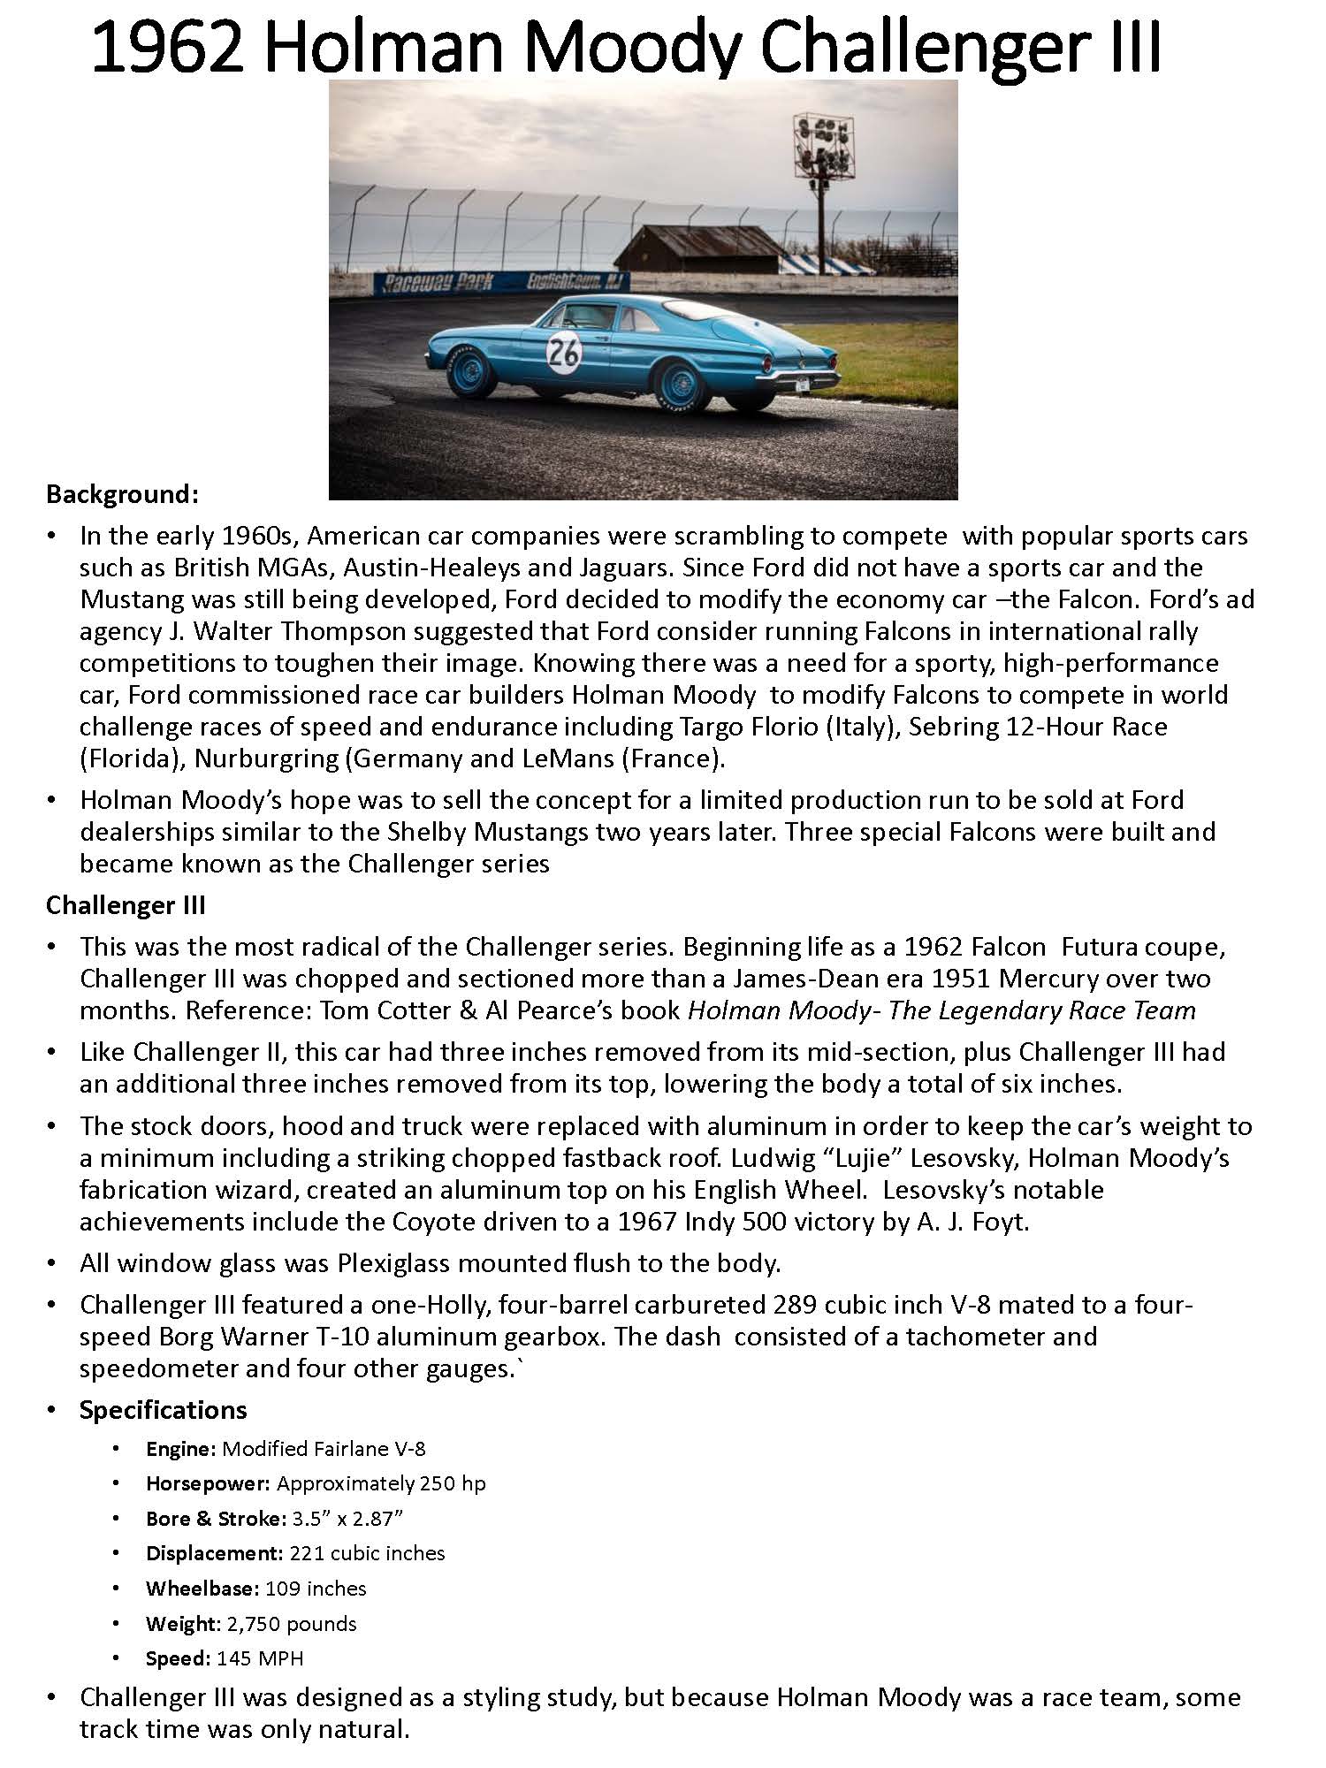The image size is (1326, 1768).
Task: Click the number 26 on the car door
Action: [564, 352]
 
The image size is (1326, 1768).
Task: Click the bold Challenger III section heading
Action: [126, 905]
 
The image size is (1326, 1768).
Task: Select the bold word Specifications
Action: [163, 1410]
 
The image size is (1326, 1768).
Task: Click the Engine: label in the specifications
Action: [181, 1449]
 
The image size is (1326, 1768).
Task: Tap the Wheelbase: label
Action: [201, 1589]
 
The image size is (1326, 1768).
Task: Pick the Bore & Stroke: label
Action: [216, 1519]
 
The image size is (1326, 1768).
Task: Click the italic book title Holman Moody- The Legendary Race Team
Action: [941, 1010]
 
